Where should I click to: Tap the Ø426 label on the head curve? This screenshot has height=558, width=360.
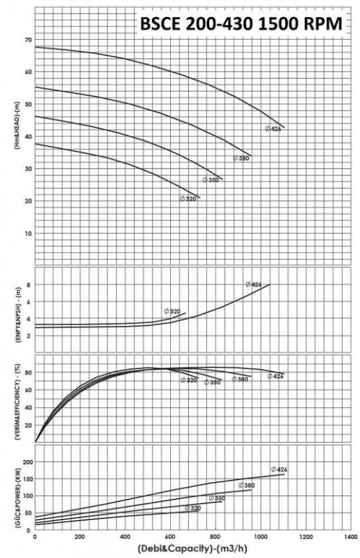(272, 129)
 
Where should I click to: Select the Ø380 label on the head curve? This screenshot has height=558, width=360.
(241, 158)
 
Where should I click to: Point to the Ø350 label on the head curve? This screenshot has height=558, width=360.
(210, 180)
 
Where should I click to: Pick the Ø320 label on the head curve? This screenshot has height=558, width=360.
(188, 199)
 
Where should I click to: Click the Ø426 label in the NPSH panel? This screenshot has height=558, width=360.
(253, 285)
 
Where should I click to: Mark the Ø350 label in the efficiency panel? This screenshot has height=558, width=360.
(212, 382)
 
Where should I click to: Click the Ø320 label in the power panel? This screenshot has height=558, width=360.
(192, 508)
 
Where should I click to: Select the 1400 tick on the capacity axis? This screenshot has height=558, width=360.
(351, 536)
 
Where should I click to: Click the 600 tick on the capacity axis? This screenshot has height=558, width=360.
(170, 536)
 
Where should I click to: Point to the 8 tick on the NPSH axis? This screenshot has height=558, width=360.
(28, 285)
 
